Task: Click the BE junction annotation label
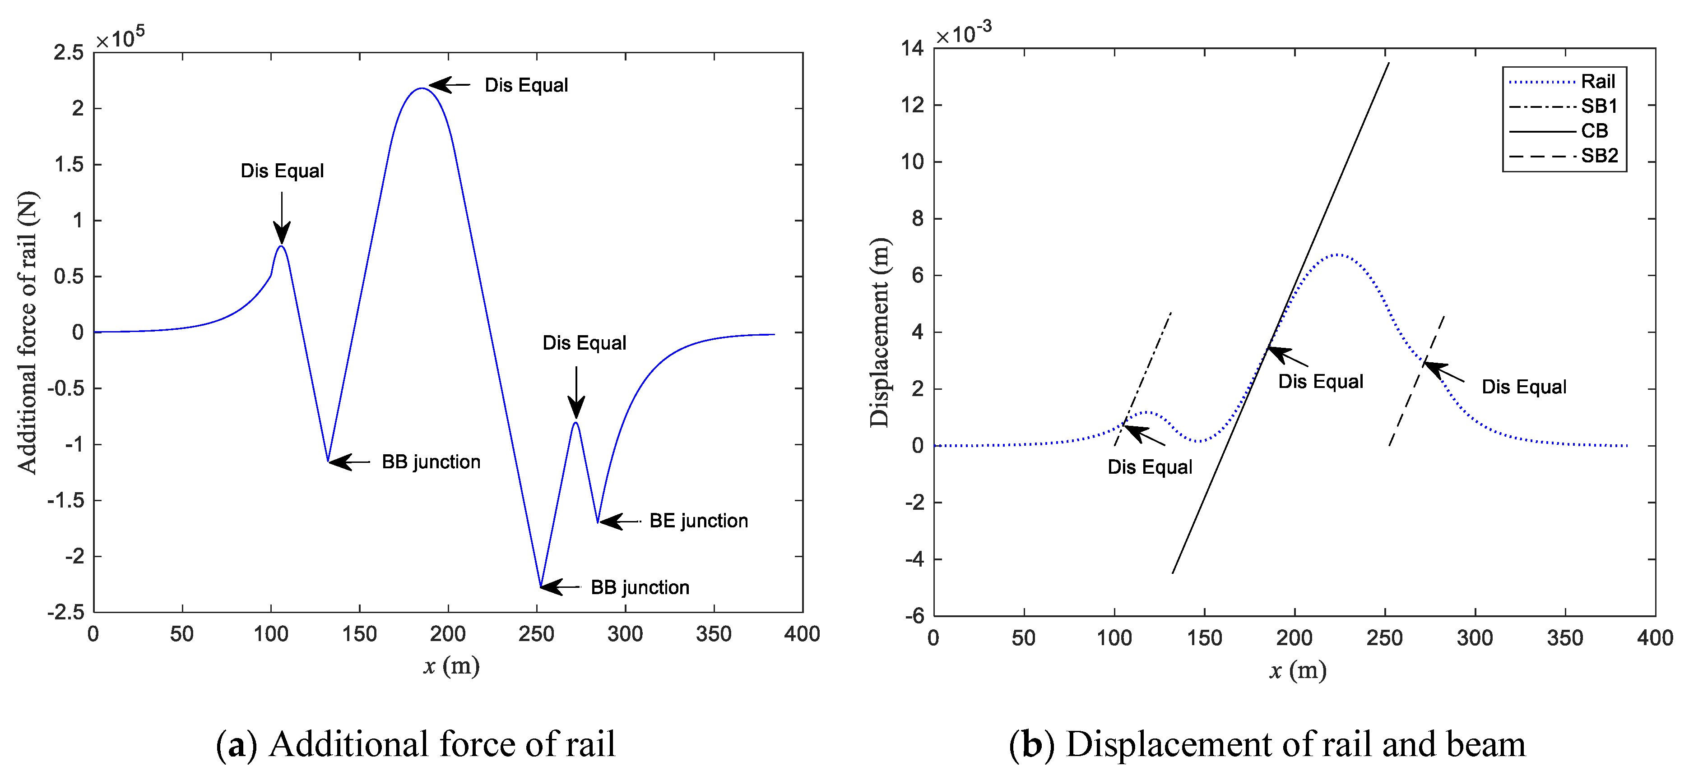698,521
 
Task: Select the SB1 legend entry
1599,106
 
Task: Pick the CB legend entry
1595,131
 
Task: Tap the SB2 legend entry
1599,156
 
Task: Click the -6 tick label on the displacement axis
914,615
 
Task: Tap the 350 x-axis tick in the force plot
713,634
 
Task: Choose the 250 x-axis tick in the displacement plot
1385,638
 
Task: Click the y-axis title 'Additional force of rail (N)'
28,332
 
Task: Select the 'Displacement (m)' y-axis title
879,332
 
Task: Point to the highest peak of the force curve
421,88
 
